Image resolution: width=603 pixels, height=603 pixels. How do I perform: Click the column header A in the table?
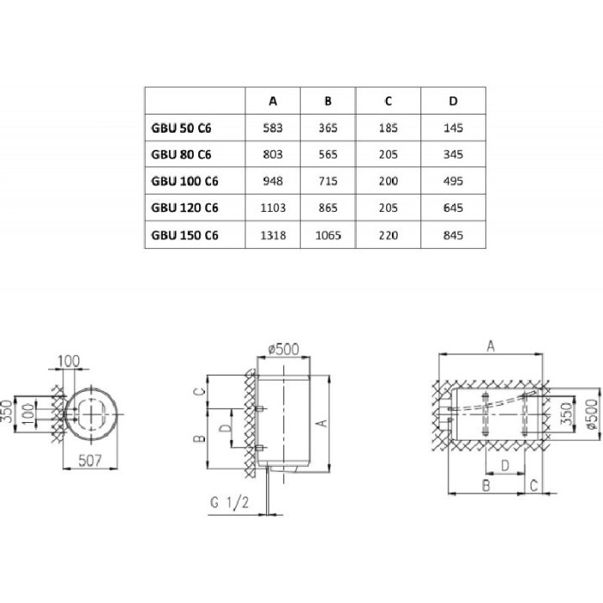273,101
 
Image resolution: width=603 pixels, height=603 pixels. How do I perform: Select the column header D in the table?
453,101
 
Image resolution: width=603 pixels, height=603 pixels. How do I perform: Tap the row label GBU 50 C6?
181,127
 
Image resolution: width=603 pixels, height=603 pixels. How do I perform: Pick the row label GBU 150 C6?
184,235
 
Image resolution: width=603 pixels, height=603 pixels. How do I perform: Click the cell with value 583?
273,127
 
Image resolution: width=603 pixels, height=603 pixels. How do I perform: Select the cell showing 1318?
273,235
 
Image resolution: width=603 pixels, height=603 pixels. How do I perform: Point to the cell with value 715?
327,181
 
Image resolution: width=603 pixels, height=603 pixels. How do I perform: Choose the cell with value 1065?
327,235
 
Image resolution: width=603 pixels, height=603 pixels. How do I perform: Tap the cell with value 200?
388,181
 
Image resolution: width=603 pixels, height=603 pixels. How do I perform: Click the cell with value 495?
453,181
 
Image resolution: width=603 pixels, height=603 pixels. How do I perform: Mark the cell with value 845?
453,235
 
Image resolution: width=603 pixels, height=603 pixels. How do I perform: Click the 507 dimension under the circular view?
90,460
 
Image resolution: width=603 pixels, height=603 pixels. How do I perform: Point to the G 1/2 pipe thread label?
230,502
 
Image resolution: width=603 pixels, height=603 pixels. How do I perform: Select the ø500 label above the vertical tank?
283,349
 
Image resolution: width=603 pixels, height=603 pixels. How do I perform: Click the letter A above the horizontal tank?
491,346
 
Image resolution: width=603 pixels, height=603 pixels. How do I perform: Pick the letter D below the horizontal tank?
506,466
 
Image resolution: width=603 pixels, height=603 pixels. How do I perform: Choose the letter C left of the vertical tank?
199,392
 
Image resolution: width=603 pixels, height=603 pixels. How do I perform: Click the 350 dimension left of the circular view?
8,412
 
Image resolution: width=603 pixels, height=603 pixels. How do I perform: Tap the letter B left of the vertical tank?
199,438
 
